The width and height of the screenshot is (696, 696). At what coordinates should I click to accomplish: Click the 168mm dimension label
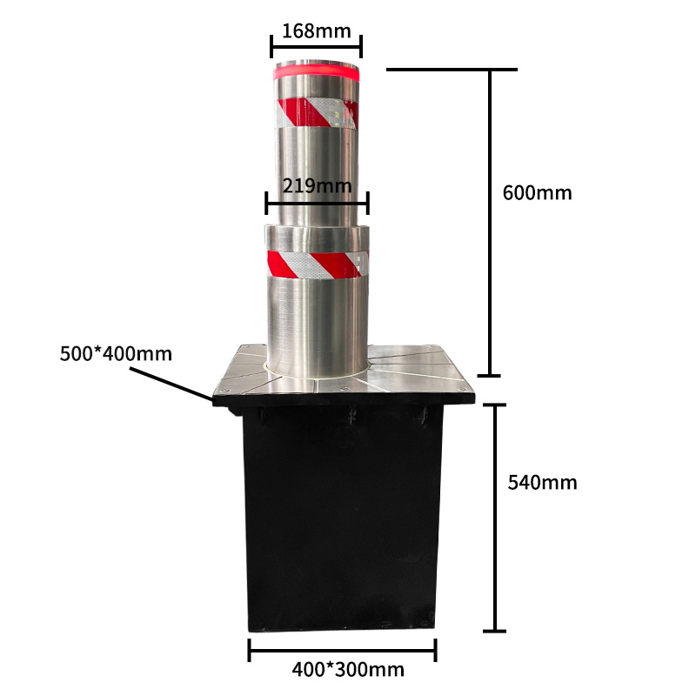pyautogui.click(x=316, y=31)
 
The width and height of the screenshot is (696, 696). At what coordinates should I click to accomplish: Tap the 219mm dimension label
pyautogui.click(x=317, y=184)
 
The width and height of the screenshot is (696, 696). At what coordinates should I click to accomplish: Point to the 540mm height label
pyautogui.click(x=542, y=481)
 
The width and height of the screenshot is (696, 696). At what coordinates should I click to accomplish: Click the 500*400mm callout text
pyautogui.click(x=116, y=354)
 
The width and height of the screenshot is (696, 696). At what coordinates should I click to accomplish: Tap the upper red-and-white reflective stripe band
pyautogui.click(x=317, y=112)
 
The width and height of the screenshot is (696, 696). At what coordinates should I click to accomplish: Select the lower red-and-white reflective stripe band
pyautogui.click(x=317, y=262)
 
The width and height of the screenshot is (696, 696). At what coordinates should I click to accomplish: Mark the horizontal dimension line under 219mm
pyautogui.click(x=317, y=205)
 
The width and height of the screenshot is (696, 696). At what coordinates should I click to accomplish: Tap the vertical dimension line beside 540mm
pyautogui.click(x=495, y=518)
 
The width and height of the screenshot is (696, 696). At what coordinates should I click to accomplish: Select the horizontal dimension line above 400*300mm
pyautogui.click(x=342, y=649)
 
